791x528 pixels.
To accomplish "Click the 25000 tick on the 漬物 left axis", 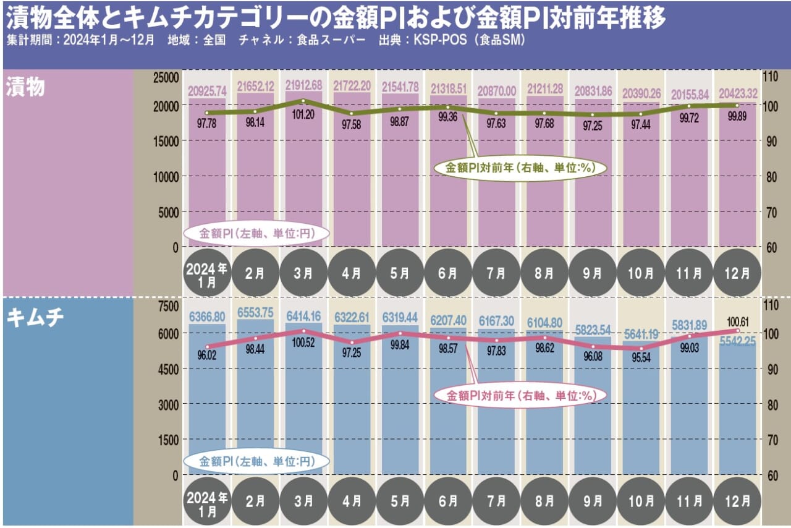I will click(x=166, y=77).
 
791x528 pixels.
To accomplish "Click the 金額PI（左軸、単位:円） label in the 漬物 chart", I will click(x=256, y=234).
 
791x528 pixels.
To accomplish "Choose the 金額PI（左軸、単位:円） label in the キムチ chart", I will click(x=256, y=461).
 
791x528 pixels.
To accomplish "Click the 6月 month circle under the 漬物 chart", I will click(x=448, y=273).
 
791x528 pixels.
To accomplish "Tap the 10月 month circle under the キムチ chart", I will click(x=641, y=501).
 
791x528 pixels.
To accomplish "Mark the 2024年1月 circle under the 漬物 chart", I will click(x=207, y=273).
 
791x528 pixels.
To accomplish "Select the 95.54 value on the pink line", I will click(x=641, y=358).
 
